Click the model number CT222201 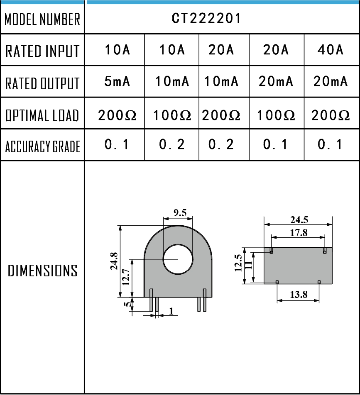pos(206,19)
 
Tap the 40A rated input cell pos(331,50)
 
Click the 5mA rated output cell pos(117,82)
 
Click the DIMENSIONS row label pos(43,271)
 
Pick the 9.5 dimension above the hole pos(180,213)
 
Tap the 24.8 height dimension pos(114,261)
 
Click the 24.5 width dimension pos(299,220)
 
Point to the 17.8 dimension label pos(299,233)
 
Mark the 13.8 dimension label pos(299,295)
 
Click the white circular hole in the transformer pos(178,259)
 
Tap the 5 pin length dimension pos(128,305)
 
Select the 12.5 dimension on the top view pos(238,263)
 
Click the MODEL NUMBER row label pos(42,19)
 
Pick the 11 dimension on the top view pos(248,266)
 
